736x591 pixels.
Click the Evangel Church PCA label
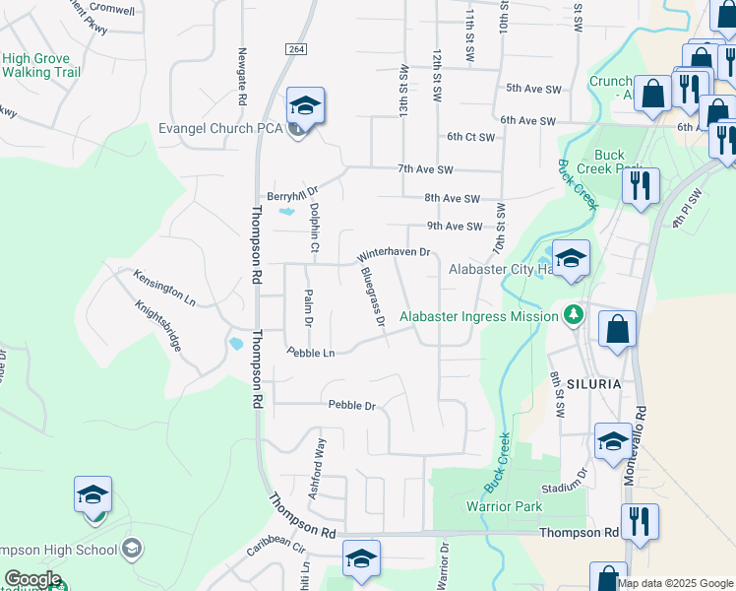click(221, 129)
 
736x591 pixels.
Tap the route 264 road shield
click(295, 49)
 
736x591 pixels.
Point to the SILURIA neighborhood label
click(593, 383)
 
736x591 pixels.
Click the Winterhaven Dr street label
click(394, 253)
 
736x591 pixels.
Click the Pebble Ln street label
click(311, 352)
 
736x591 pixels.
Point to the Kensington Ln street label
click(164, 287)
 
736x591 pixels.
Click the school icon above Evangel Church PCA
click(306, 106)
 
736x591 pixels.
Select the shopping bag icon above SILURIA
click(617, 330)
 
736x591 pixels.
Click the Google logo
click(33, 579)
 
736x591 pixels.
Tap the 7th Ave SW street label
click(425, 169)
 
